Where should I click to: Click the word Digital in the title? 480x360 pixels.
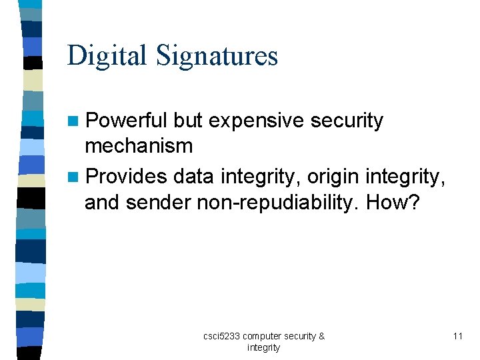pos(107,55)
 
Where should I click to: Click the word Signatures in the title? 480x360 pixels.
pos(217,55)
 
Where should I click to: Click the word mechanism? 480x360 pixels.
pos(139,145)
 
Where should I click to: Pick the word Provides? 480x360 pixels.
pos(127,177)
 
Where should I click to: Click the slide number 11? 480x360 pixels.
pos(457,336)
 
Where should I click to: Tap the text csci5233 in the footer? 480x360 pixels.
pos(222,336)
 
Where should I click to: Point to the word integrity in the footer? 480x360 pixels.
pos(263,347)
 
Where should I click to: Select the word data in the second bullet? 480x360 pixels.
pos(193,177)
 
